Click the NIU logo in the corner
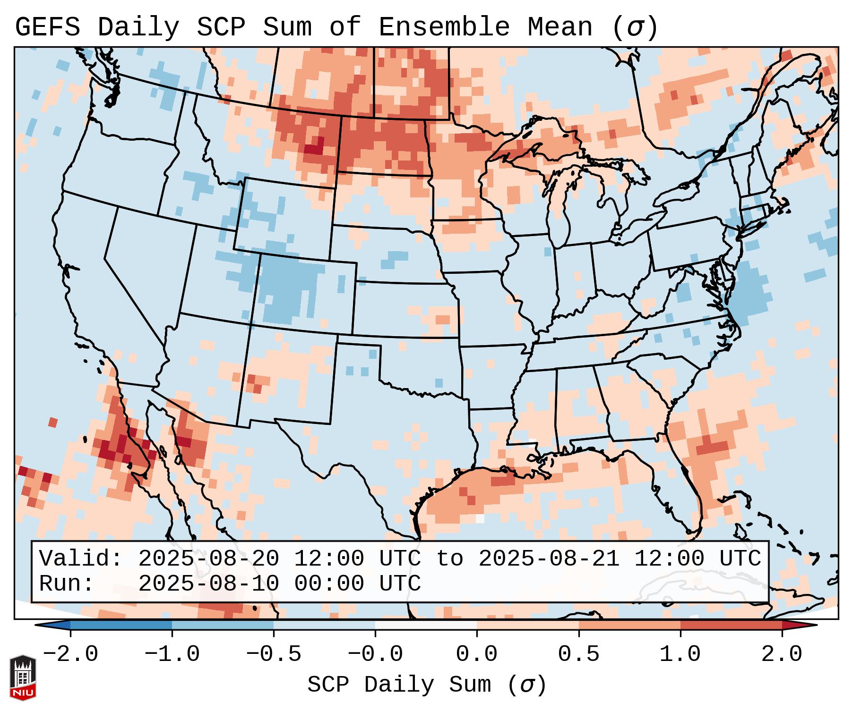tap(23, 677)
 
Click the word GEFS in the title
tap(47, 27)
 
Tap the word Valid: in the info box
tap(81, 559)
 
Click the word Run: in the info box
tap(67, 584)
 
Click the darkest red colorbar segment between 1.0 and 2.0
tap(731, 625)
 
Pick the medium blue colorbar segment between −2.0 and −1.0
tap(121, 625)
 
